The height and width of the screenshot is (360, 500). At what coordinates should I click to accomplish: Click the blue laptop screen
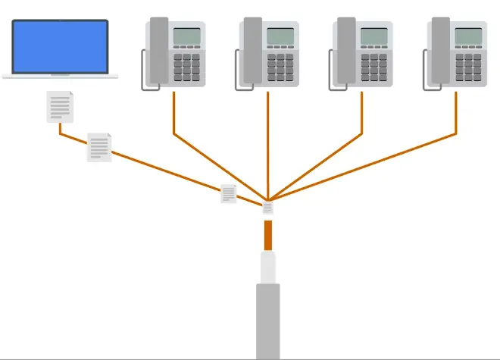(61, 47)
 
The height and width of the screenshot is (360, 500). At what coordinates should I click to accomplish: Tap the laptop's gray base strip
(61, 77)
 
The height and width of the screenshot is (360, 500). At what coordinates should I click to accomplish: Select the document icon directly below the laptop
(61, 106)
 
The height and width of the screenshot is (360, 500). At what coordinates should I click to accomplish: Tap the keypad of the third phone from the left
(373, 67)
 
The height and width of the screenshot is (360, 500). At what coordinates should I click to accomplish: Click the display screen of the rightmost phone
(468, 36)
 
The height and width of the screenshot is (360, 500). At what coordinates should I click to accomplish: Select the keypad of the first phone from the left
(186, 67)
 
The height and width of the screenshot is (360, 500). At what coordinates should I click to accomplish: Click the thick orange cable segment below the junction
(267, 235)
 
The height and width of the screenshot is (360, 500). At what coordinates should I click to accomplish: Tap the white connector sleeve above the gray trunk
(267, 268)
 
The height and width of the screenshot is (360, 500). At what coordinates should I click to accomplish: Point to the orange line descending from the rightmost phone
(457, 114)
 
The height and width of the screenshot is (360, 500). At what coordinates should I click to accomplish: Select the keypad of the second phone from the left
(280, 67)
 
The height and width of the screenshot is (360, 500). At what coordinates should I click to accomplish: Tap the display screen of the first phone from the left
(186, 36)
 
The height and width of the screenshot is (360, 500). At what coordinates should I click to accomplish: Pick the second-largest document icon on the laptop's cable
(99, 147)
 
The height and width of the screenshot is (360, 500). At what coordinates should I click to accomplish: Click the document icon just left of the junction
(229, 194)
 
